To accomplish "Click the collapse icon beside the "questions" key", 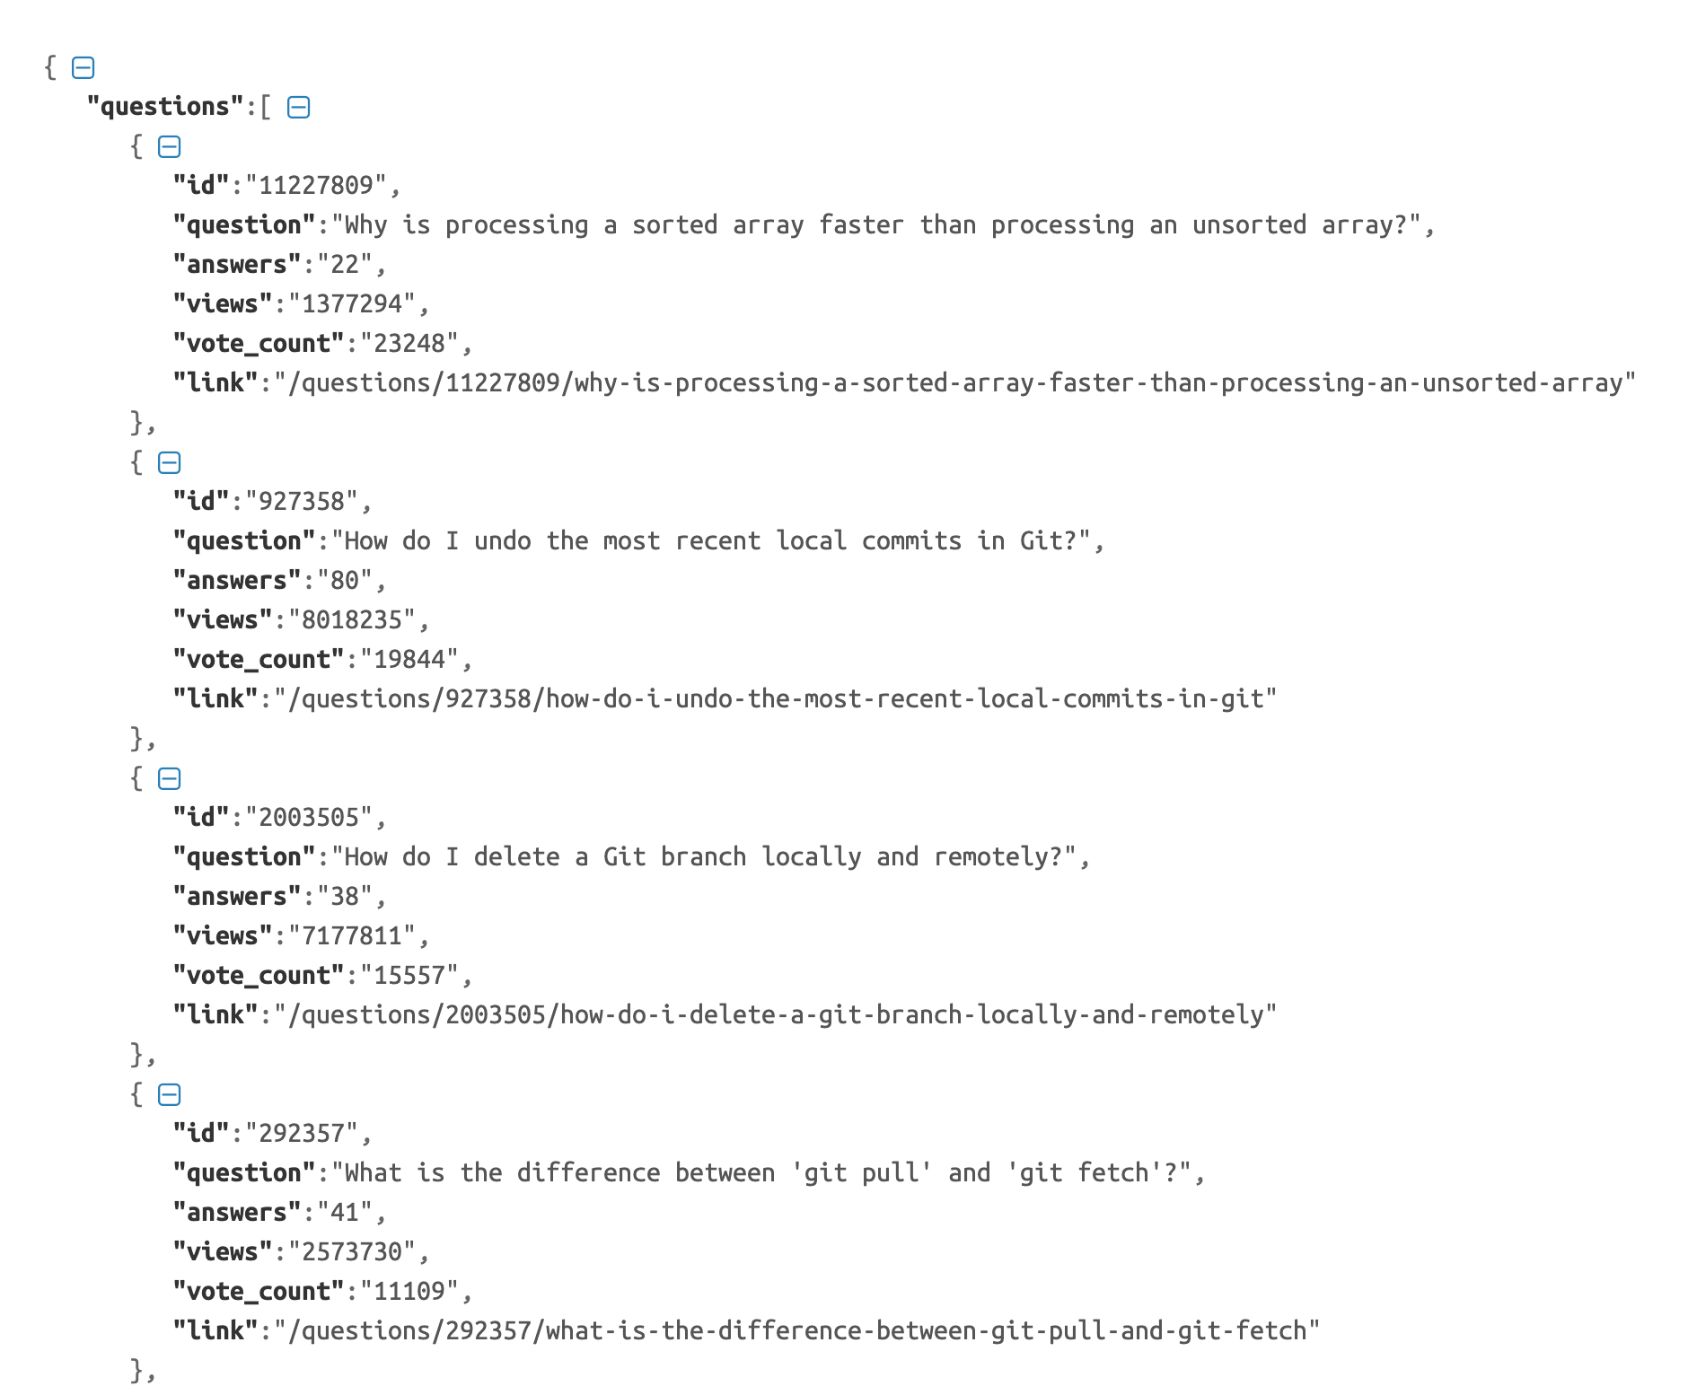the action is [x=298, y=108].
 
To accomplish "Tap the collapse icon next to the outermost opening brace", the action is [x=83, y=67].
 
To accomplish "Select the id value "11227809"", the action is [x=315, y=186].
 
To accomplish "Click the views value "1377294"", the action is [x=351, y=304].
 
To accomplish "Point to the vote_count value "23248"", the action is [x=409, y=344].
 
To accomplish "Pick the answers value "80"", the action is [x=345, y=581].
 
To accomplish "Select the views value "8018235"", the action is [x=351, y=620].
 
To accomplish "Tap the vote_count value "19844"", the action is [x=409, y=660].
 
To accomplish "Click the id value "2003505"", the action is [x=308, y=818].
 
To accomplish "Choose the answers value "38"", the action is [x=345, y=897].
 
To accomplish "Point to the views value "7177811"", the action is [x=351, y=936].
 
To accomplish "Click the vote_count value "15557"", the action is [x=409, y=976].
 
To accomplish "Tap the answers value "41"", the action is [x=345, y=1213].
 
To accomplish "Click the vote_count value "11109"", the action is [x=409, y=1292].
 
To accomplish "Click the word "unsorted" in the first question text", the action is [x=1249, y=225].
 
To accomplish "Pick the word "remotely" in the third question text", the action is [x=990, y=857].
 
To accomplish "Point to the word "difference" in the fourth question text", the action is [x=588, y=1173].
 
